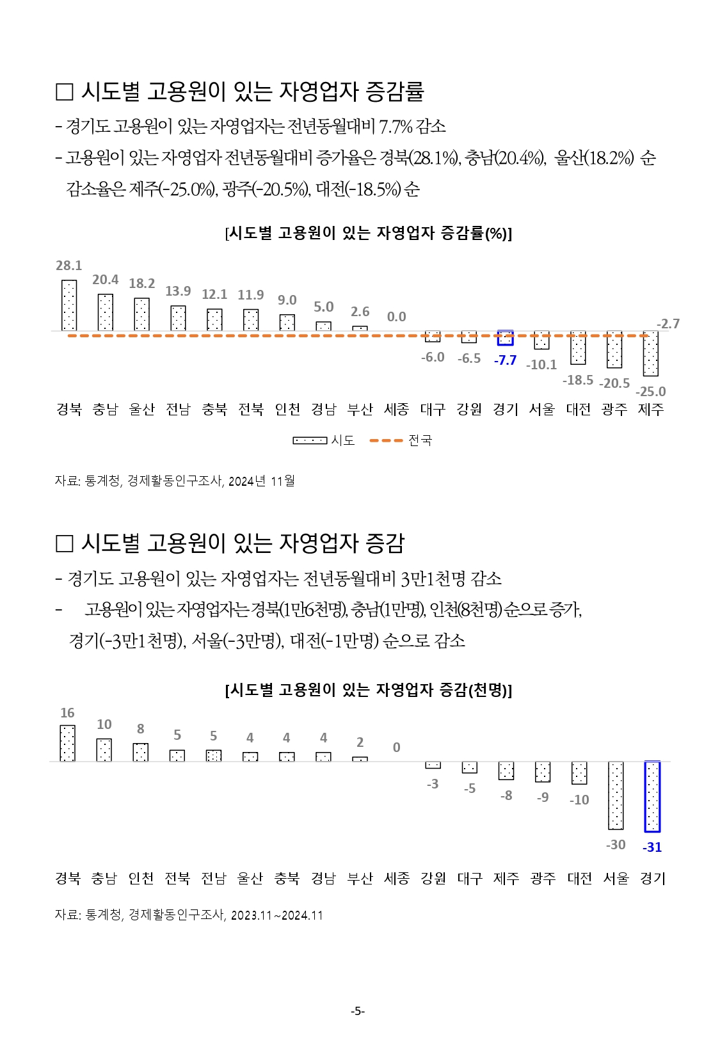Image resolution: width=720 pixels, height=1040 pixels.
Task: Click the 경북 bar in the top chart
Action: click(x=68, y=305)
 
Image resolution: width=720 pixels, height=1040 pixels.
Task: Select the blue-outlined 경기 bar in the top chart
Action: click(x=505, y=338)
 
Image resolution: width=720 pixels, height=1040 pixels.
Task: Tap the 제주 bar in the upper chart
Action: click(x=651, y=353)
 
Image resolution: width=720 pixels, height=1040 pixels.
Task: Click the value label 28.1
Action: click(x=68, y=266)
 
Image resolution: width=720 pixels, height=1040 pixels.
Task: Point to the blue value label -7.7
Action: click(x=505, y=360)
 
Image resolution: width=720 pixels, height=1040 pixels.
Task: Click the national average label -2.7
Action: click(x=668, y=324)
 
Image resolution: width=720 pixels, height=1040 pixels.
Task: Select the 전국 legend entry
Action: click(x=401, y=440)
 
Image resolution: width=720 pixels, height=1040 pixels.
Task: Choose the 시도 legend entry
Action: click(x=324, y=440)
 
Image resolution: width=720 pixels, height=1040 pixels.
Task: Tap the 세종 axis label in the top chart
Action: click(x=396, y=409)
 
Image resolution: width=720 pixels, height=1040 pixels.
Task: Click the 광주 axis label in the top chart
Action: click(x=614, y=409)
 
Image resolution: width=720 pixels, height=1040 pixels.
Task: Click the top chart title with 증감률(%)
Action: click(x=368, y=233)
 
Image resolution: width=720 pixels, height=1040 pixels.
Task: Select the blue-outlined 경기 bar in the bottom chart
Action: click(x=652, y=796)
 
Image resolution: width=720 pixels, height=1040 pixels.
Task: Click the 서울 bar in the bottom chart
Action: click(x=616, y=795)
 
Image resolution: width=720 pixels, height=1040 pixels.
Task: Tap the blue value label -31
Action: click(x=652, y=847)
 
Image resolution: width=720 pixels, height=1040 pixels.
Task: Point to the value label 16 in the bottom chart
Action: click(x=67, y=713)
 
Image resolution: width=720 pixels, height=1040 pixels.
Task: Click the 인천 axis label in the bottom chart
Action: click(x=141, y=878)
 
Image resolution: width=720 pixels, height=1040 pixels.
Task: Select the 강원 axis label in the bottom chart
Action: click(x=433, y=878)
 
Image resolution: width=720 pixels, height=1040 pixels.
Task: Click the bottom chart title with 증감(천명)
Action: click(x=368, y=690)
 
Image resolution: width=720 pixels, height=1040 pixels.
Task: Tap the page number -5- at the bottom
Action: click(x=358, y=1011)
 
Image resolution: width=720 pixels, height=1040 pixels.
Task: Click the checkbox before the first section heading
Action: click(x=65, y=92)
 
